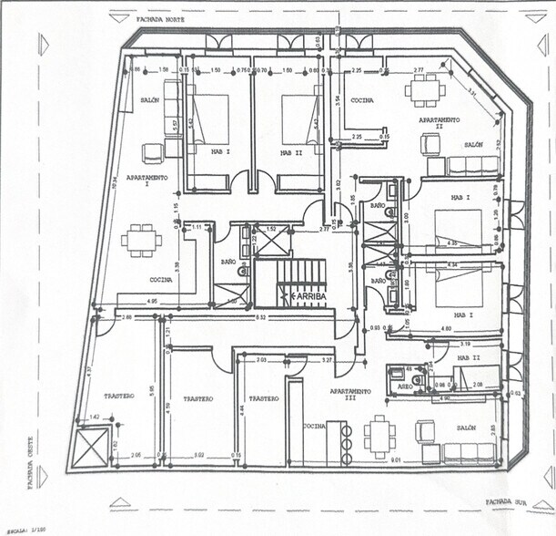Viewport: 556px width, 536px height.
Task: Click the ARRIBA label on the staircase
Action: pos(304,296)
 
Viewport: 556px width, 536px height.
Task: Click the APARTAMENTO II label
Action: pos(439,122)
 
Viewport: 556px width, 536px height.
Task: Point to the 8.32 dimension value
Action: pos(261,317)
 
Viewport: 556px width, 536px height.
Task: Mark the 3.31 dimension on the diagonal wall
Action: pos(470,90)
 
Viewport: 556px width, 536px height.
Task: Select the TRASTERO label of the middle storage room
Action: pos(197,398)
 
